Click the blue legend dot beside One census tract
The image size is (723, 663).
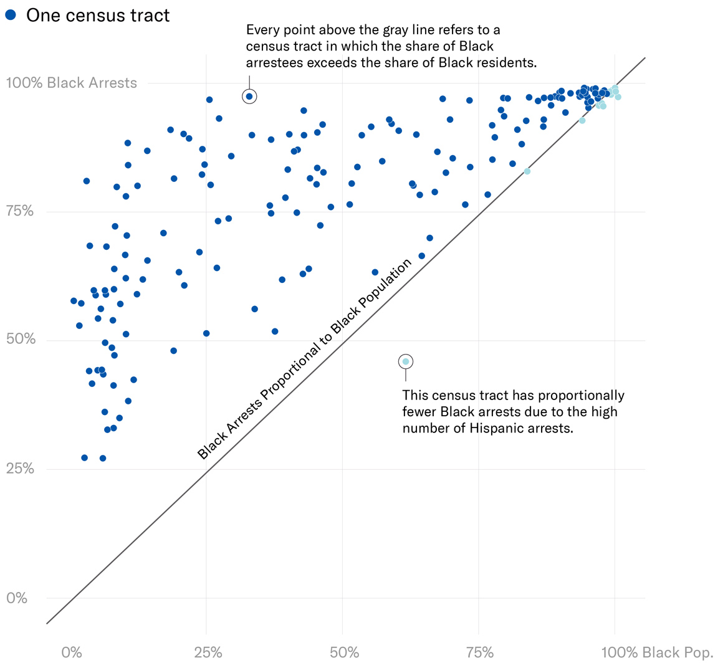(11, 15)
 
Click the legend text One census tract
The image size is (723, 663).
(98, 16)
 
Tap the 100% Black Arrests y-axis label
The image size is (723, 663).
(71, 83)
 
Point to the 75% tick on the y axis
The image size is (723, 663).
(20, 211)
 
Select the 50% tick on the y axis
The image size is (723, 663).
(20, 340)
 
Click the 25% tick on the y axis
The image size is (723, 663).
(20, 469)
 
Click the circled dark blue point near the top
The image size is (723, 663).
(249, 96)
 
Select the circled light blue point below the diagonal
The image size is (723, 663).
(405, 361)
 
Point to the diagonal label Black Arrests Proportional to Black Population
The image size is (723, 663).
(305, 359)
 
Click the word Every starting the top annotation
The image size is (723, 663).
(263, 30)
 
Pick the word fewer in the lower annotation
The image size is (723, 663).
(421, 412)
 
